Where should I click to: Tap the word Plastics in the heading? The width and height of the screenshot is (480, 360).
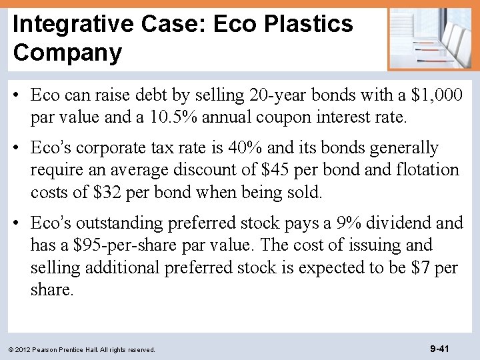pyautogui.click(x=309, y=24)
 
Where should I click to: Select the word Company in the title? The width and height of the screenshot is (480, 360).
pyautogui.click(x=67, y=53)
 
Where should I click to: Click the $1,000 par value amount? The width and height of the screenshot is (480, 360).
pyautogui.click(x=436, y=95)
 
